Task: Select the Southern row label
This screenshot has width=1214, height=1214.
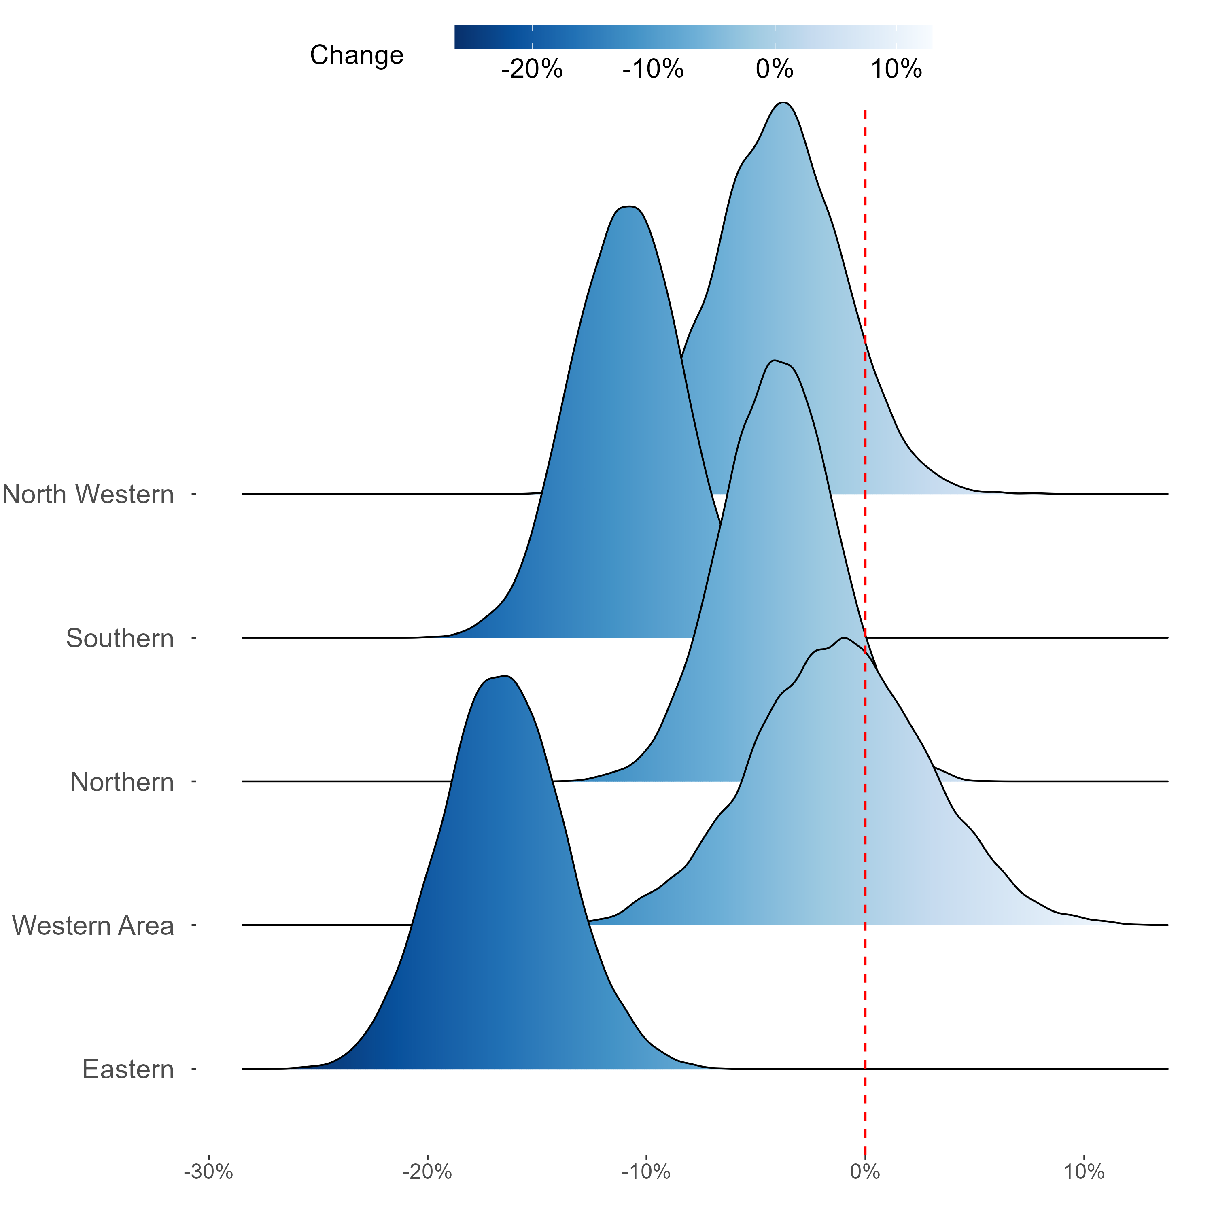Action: (120, 639)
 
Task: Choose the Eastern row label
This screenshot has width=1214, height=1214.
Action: (128, 1070)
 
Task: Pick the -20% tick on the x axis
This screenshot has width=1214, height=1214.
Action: (427, 1172)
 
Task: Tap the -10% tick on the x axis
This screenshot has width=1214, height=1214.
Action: (646, 1172)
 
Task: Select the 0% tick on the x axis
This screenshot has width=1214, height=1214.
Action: (865, 1172)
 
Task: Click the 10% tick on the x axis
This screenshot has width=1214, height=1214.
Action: (1084, 1172)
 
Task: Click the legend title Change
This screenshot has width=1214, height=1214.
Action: (356, 55)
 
